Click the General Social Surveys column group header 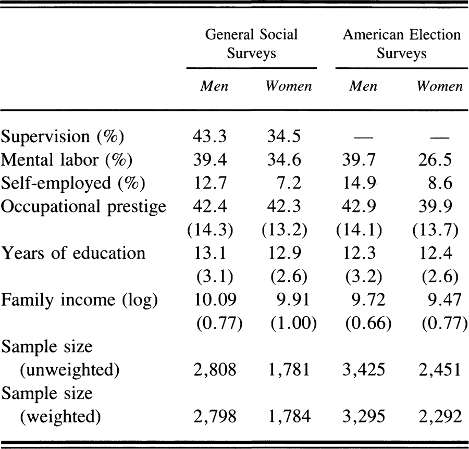click(251, 44)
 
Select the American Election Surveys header click(402, 44)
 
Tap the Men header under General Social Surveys click(214, 86)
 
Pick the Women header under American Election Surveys click(439, 86)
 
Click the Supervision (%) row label click(62, 136)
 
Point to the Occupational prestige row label click(83, 207)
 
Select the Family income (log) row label click(79, 300)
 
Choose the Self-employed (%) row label click(73, 183)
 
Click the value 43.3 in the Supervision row click(209, 136)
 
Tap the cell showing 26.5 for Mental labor click(435, 160)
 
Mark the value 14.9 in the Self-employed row click(359, 183)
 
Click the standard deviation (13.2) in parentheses click(285, 230)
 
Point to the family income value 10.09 click(215, 300)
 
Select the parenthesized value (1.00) click(293, 323)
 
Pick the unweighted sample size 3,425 click(363, 370)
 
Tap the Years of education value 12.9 click(285, 253)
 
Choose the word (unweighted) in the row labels click(70, 370)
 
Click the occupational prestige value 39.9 click(435, 207)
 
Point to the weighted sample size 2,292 click(440, 417)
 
